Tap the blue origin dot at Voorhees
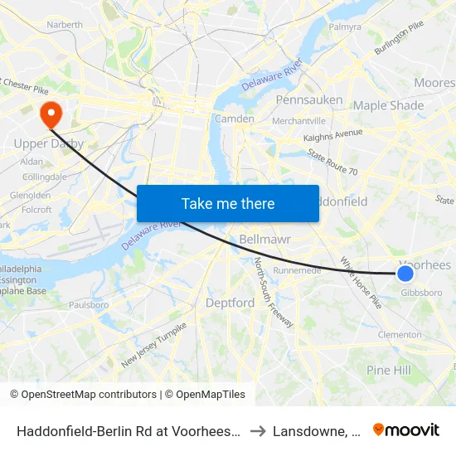[x=405, y=274]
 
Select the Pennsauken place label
[x=308, y=100]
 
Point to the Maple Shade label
[x=388, y=105]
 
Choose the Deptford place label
[x=230, y=303]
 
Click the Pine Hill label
[x=388, y=370]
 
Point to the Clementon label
[x=400, y=335]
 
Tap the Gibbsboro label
[x=421, y=293]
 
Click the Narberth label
[x=65, y=25]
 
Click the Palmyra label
[x=346, y=27]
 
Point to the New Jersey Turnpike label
[x=154, y=345]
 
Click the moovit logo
[x=406, y=429]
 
